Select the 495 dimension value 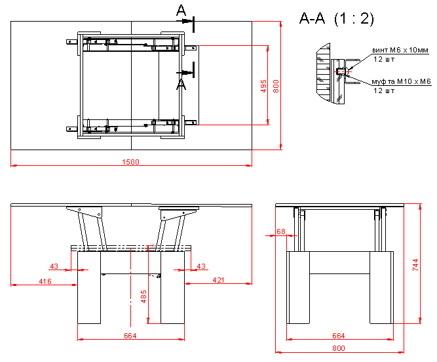point(263,85)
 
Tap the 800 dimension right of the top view point(276,85)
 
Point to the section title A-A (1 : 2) point(336,19)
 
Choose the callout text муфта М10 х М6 point(401,81)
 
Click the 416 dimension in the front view point(45,281)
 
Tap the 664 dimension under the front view point(131,336)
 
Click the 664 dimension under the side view point(339,336)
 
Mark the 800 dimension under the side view point(339,348)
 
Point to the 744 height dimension point(415,264)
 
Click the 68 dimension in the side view point(281,231)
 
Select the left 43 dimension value point(54,266)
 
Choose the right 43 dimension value point(202,266)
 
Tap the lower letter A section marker point(181,84)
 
